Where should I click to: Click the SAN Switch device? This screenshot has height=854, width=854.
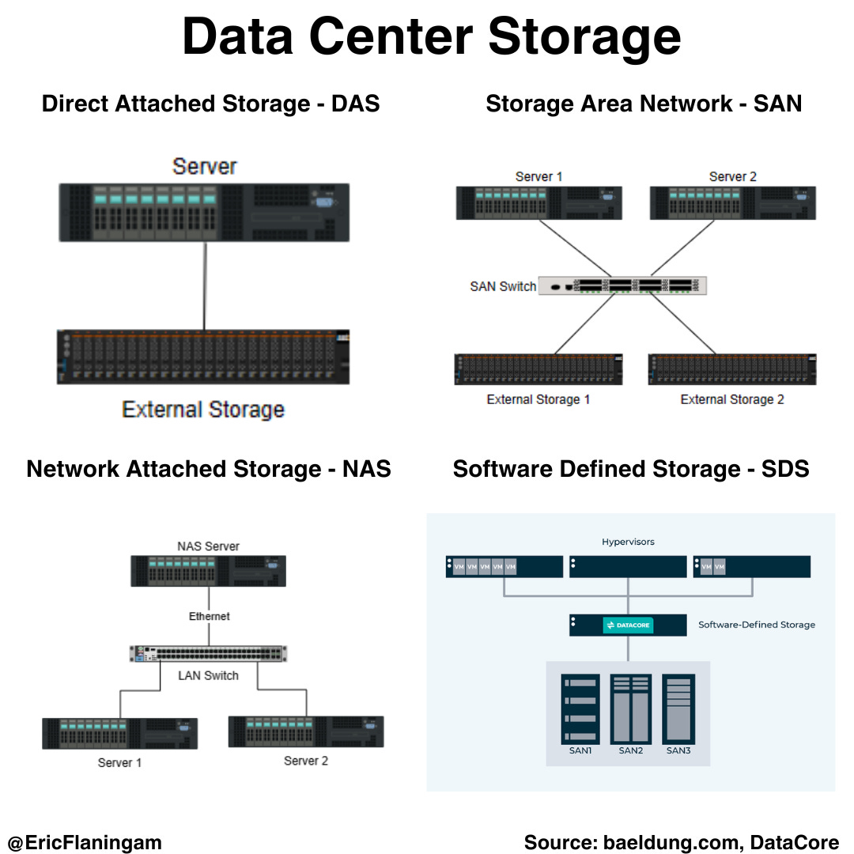click(x=622, y=285)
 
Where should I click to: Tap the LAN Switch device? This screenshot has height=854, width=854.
click(x=209, y=654)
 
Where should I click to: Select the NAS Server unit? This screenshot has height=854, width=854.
click(x=209, y=571)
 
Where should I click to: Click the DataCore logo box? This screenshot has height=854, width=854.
click(x=627, y=625)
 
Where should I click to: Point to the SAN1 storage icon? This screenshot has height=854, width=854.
click(x=580, y=709)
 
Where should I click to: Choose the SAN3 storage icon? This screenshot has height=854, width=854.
click(x=678, y=709)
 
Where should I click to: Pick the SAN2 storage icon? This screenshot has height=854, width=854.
click(x=630, y=709)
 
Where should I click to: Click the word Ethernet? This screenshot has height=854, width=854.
click(x=210, y=616)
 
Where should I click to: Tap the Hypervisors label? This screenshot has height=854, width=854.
click(x=628, y=542)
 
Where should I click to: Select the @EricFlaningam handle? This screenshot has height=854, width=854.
click(x=85, y=842)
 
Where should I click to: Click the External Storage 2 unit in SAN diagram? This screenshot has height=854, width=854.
click(x=732, y=369)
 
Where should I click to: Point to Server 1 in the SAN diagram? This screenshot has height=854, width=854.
click(x=538, y=202)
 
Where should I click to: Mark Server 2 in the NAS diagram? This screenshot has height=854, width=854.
click(x=306, y=731)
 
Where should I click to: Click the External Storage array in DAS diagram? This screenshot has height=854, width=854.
click(x=203, y=357)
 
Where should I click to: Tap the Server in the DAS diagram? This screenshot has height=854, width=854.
click(x=203, y=212)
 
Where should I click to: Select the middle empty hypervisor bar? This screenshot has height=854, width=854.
click(x=628, y=567)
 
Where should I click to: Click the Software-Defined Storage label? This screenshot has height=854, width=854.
click(x=756, y=625)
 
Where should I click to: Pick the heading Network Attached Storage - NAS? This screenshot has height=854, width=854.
click(x=209, y=469)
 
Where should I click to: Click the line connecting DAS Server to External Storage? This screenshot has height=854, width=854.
click(x=205, y=285)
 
